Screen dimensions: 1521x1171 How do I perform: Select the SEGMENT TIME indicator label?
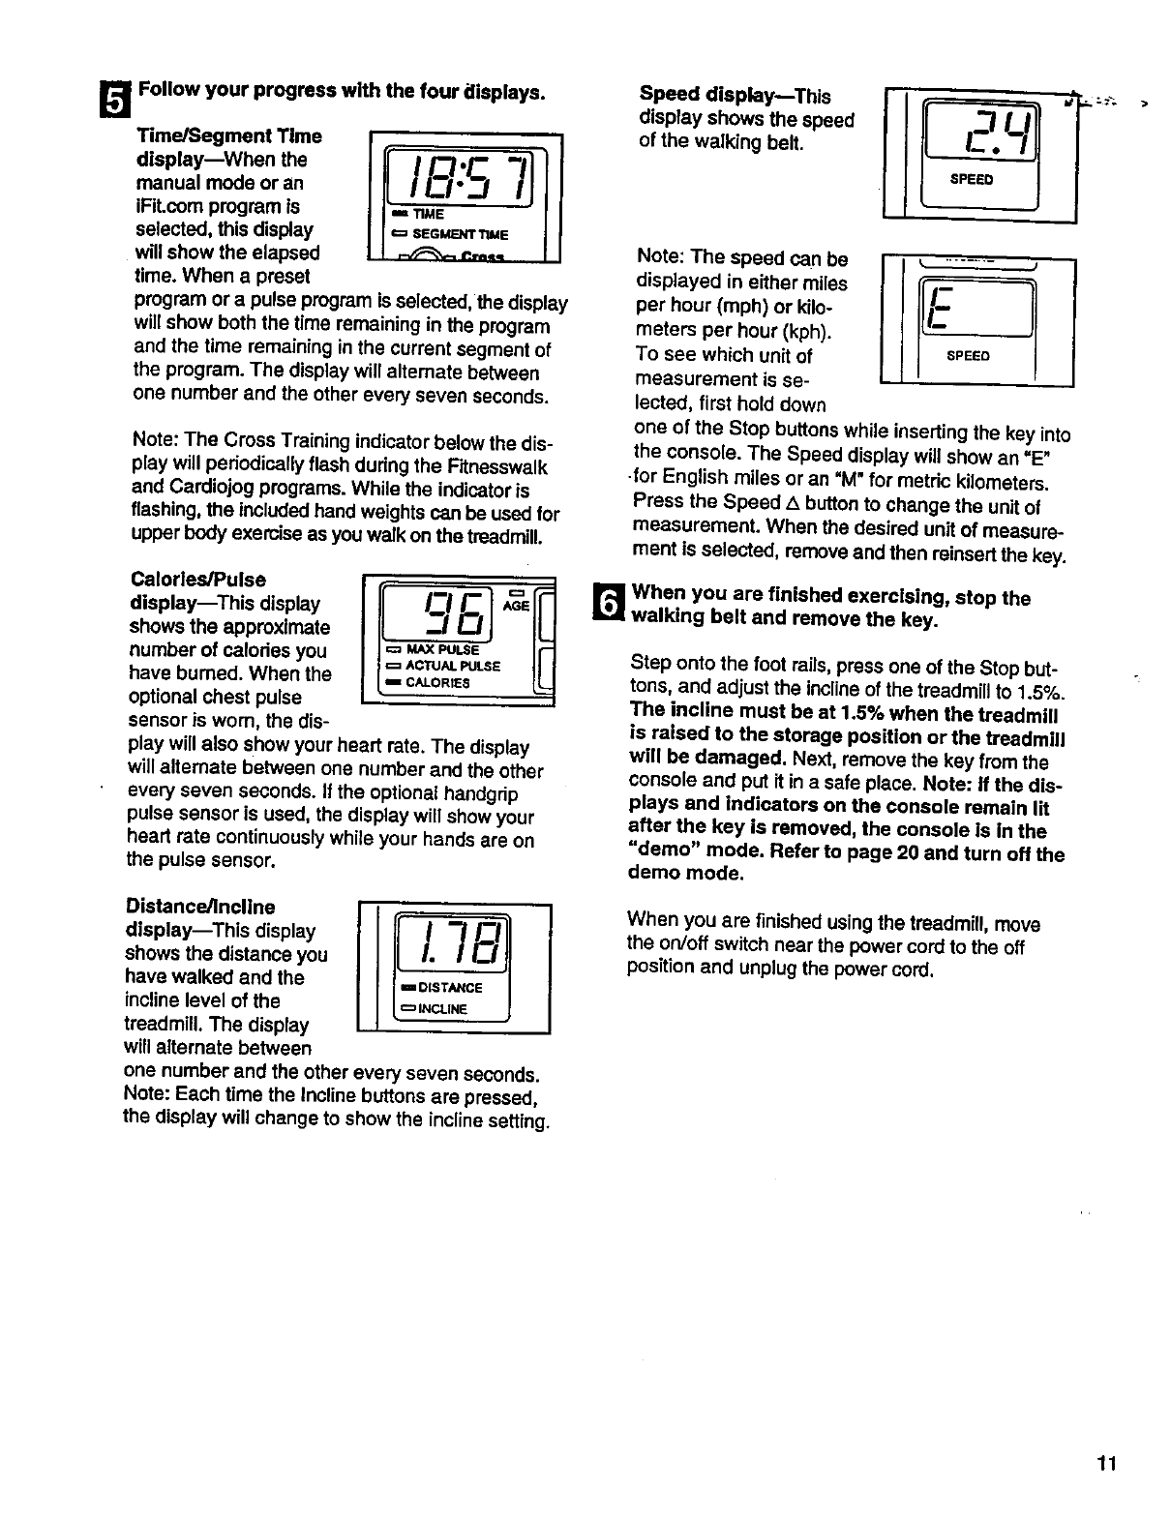460,235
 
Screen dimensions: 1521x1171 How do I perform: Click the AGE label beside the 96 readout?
515,605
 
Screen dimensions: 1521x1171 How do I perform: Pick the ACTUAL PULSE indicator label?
444,666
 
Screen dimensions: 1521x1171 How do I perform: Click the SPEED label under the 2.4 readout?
971,179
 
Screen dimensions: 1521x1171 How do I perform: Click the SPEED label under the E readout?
968,356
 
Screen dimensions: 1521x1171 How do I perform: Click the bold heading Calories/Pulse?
197,580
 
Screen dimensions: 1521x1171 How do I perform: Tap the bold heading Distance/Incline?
200,907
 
